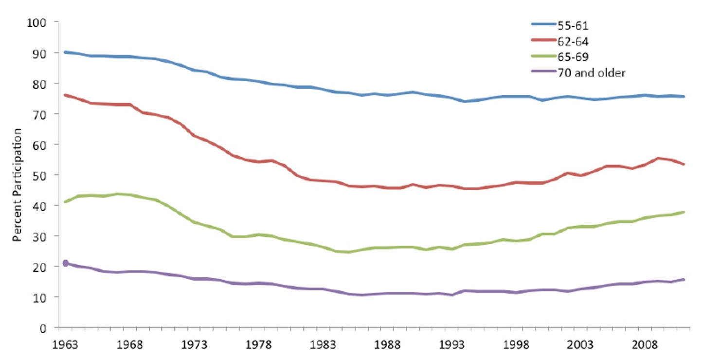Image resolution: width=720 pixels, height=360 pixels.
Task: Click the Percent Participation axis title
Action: [18, 185]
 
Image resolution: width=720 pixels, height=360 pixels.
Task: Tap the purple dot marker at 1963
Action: [65, 263]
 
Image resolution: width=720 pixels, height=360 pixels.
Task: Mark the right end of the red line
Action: [684, 164]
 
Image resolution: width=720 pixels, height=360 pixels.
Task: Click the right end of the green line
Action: [684, 212]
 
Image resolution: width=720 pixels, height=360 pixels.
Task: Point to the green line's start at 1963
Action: [65, 201]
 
